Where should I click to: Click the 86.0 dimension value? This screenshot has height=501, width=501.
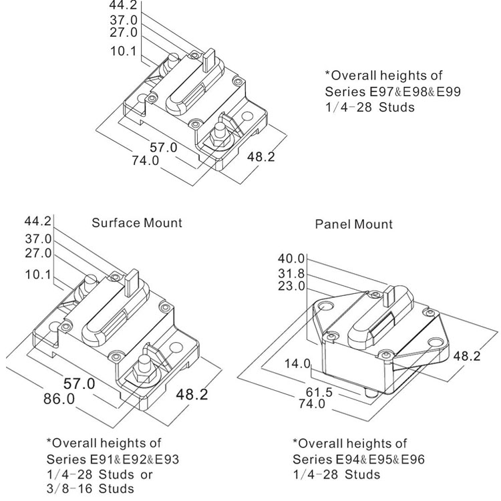59,399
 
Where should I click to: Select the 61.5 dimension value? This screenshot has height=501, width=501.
319,392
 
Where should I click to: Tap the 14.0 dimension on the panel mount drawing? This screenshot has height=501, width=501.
297,363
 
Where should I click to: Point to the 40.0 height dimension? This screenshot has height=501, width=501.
291,259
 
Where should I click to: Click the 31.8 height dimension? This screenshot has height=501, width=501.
291,273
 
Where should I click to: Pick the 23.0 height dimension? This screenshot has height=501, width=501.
291,286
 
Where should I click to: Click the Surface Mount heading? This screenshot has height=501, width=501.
137,222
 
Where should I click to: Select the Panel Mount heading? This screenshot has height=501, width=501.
353,224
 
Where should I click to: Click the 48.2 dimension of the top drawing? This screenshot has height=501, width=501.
261,157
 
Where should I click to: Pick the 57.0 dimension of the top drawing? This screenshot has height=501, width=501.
163,148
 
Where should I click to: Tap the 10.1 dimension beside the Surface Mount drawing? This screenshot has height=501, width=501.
37,274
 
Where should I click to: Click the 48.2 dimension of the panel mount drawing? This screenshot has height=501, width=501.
466,356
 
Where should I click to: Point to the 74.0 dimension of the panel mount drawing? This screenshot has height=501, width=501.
312,404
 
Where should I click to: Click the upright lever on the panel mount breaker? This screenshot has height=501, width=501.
389,295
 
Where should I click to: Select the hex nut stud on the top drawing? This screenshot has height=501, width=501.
218,135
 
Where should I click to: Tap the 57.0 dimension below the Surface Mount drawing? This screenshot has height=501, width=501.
79,383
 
